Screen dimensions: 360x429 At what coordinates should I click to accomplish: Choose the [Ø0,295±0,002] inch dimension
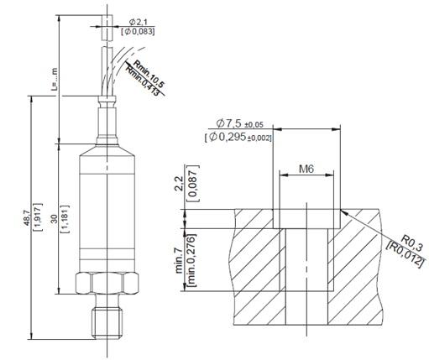pos(238,137)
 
